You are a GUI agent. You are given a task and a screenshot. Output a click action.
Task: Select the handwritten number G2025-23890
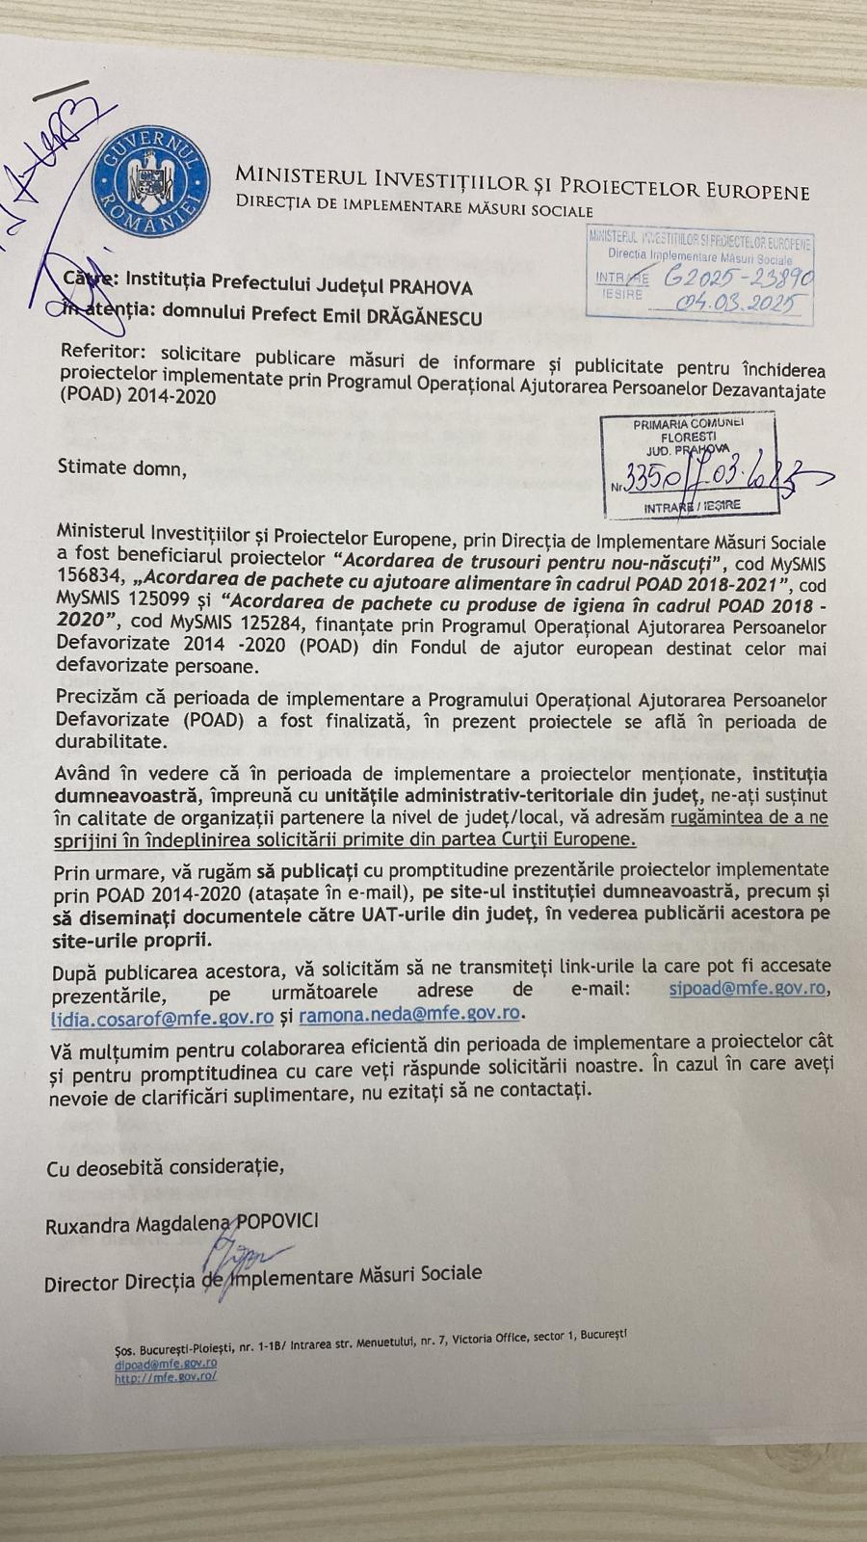click(740, 278)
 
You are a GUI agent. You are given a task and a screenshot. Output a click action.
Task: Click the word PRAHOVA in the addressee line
click(430, 286)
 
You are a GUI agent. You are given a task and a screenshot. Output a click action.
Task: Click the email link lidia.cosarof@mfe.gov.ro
click(163, 1016)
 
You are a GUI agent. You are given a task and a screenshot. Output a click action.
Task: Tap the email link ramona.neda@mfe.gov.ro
click(409, 1014)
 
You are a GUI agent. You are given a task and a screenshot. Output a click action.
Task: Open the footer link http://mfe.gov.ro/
click(165, 1378)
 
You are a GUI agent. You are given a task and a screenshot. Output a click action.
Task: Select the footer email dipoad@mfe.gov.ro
click(165, 1364)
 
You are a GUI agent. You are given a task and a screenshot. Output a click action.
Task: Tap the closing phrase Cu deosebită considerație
click(166, 1167)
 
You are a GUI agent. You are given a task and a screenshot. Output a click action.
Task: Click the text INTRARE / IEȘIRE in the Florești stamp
click(693, 506)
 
